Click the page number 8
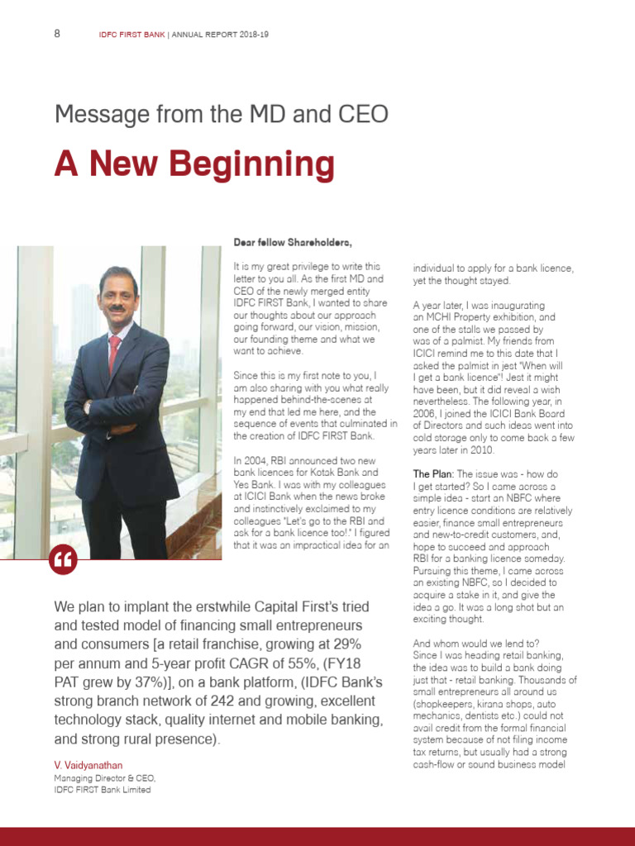click(57, 34)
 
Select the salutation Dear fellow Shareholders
click(293, 242)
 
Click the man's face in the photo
click(116, 296)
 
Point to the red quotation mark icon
click(63, 560)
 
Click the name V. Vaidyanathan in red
click(87, 766)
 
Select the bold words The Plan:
click(432, 474)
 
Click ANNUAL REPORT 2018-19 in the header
click(220, 35)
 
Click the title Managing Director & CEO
click(105, 778)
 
